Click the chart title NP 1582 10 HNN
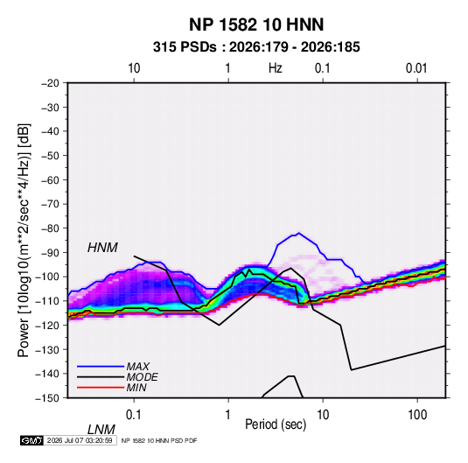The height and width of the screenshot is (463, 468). pyautogui.click(x=256, y=25)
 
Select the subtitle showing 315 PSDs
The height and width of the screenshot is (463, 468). pyautogui.click(x=256, y=47)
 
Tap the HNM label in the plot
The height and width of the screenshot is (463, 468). pyautogui.click(x=102, y=248)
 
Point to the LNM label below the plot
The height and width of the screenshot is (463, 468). pyautogui.click(x=101, y=430)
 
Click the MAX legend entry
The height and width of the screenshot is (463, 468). pyautogui.click(x=138, y=366)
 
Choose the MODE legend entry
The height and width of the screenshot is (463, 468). pyautogui.click(x=142, y=377)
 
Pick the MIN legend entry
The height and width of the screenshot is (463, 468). pyautogui.click(x=136, y=388)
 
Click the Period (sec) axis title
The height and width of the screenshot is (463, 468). pyautogui.click(x=276, y=424)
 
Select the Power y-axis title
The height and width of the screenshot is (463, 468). pyautogui.click(x=24, y=241)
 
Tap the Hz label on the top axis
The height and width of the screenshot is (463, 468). pyautogui.click(x=276, y=68)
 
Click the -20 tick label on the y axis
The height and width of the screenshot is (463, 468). pyautogui.click(x=50, y=83)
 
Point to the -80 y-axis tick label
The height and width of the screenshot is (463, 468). pyautogui.click(x=50, y=228)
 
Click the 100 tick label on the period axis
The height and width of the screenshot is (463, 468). pyautogui.click(x=417, y=415)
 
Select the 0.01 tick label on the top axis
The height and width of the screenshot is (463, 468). pyautogui.click(x=416, y=68)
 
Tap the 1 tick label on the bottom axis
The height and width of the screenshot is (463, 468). pyautogui.click(x=228, y=415)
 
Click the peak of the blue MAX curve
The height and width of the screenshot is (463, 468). pyautogui.click(x=299, y=233)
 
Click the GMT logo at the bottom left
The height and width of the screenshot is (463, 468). pyautogui.click(x=31, y=440)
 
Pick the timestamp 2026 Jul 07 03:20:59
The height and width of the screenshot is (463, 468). pyautogui.click(x=80, y=440)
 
